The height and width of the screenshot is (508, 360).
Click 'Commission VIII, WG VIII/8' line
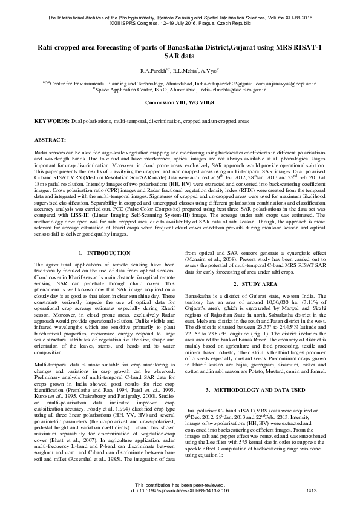(180, 103)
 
